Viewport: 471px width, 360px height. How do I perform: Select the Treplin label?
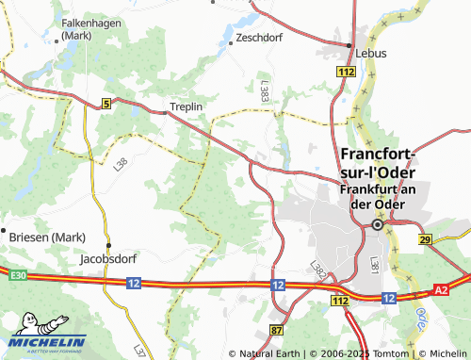point(187,106)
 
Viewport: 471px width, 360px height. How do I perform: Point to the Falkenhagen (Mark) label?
point(87,28)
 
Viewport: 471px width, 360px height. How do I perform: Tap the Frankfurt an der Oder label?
point(377,196)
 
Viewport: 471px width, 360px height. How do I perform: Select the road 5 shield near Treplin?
point(106,102)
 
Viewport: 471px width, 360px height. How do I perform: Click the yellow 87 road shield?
point(276,330)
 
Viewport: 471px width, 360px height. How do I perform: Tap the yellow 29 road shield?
point(425,241)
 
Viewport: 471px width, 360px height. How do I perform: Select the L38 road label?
point(120,165)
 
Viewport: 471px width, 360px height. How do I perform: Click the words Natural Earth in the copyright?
point(268,353)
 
